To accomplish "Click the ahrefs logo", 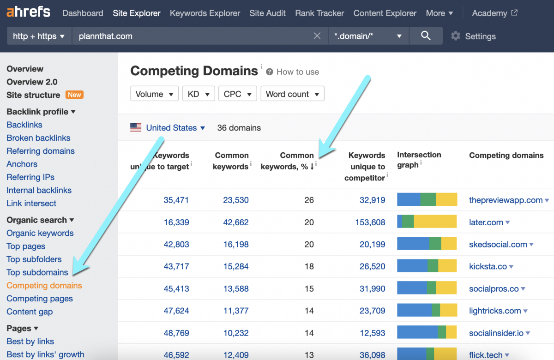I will pyautogui.click(x=28, y=12).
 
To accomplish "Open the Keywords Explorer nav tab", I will pyautogui.click(x=205, y=13).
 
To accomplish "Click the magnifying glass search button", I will pyautogui.click(x=426, y=36).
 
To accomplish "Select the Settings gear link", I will pyautogui.click(x=473, y=36).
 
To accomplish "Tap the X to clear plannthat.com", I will pyautogui.click(x=317, y=36).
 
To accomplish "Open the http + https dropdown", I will pyautogui.click(x=39, y=36).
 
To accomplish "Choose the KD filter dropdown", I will pyautogui.click(x=199, y=94).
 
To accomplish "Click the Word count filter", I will pyautogui.click(x=292, y=94).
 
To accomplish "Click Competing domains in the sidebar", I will pyautogui.click(x=44, y=285).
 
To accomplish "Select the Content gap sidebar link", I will pyautogui.click(x=30, y=312).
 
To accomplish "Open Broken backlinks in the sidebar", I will pyautogui.click(x=38, y=138).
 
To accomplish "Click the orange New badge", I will pyautogui.click(x=74, y=95).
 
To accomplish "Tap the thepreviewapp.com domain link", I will pyautogui.click(x=506, y=200).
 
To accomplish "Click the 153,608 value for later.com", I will pyautogui.click(x=370, y=222).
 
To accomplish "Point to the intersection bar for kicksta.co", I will pyautogui.click(x=427, y=266).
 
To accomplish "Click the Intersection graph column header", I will pyautogui.click(x=419, y=160).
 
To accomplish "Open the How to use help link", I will pyautogui.click(x=297, y=72).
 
